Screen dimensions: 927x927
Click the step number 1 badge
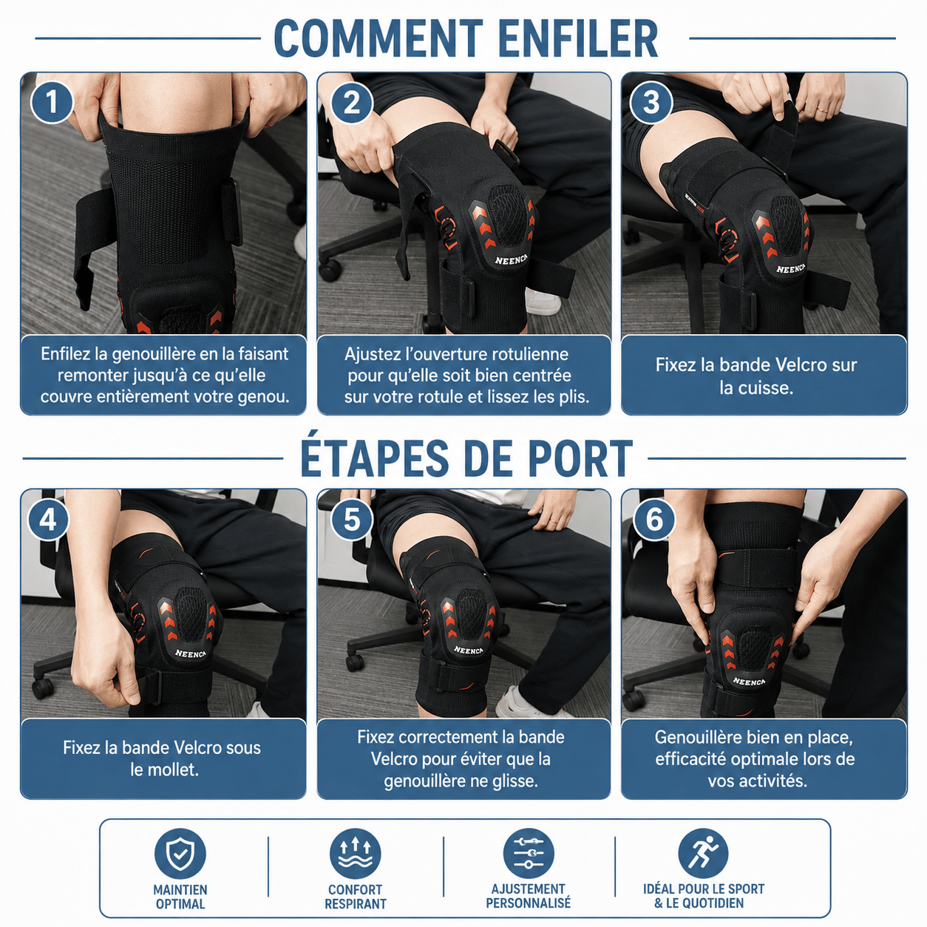click(x=52, y=103)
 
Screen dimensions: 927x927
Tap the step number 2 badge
click(x=352, y=103)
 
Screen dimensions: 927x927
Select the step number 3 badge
click(x=651, y=103)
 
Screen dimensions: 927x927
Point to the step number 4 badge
click(x=48, y=520)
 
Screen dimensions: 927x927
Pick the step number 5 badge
click(x=352, y=520)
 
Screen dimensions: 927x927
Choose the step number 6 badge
click(x=653, y=520)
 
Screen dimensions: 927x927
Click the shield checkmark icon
click(x=180, y=855)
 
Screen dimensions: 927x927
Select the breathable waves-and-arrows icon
click(x=355, y=855)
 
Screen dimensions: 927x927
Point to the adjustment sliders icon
click(x=529, y=855)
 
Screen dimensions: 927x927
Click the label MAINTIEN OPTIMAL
click(x=180, y=897)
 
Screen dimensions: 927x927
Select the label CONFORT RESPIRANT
click(x=356, y=897)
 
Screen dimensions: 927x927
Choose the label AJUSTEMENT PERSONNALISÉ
click(x=529, y=896)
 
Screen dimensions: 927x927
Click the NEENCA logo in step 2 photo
click(x=511, y=260)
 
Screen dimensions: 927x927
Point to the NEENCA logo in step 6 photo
click(x=749, y=681)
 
